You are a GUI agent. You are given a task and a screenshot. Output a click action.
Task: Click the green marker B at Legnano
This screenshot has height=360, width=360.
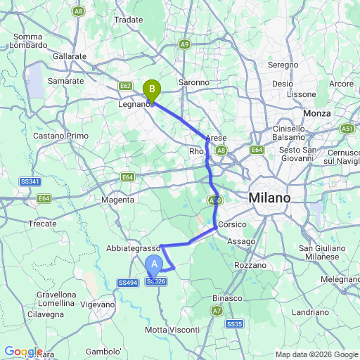coord(151,90)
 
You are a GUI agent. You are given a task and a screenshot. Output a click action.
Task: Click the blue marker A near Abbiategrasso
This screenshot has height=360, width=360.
coord(154,265)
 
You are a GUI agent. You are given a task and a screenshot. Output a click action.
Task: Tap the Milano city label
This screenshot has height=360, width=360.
coord(269,198)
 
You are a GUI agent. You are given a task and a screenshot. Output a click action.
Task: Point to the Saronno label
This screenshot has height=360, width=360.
coord(193,82)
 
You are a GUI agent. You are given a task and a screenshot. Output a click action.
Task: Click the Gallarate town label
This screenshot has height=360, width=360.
coord(71,56)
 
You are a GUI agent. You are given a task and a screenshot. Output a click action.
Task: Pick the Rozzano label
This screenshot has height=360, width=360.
coord(251,265)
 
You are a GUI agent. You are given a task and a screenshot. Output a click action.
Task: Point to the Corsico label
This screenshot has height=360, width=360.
coord(232,224)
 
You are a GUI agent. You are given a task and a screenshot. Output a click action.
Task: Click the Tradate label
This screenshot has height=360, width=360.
coord(128,20)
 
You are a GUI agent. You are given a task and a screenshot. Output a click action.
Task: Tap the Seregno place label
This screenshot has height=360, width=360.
coord(284,65)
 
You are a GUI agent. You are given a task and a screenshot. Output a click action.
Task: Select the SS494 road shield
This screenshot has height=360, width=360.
coord(128,283)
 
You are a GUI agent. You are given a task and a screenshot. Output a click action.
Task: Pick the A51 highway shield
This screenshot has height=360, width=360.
coord(347,129)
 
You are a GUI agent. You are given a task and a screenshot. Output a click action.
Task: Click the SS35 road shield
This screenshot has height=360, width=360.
coord(235,323)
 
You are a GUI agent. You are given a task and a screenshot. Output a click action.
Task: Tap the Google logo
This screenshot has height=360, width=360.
coord(23,352)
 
